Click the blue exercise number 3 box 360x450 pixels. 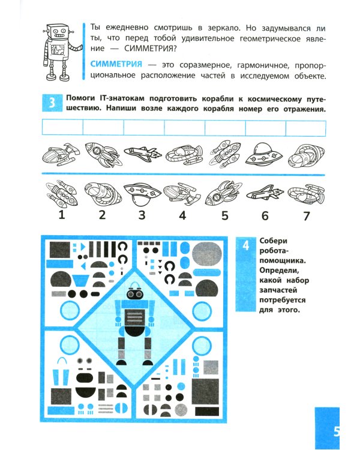(52, 104)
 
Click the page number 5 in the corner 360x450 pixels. (337, 431)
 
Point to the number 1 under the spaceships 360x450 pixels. (61, 215)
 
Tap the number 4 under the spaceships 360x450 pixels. (182, 215)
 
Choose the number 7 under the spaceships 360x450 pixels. (305, 215)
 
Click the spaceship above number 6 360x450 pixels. (265, 193)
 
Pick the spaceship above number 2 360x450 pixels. (101, 193)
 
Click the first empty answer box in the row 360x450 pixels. (62, 128)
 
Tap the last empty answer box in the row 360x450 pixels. (305, 128)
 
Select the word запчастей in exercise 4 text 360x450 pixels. (280, 289)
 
